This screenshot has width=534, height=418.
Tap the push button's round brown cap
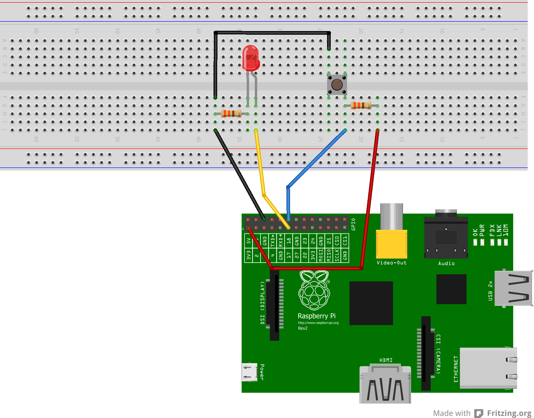337,85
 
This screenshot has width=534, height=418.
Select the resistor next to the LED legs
231,114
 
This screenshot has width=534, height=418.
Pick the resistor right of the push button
361,106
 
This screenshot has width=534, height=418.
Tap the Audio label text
446,263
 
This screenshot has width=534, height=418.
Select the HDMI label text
386,360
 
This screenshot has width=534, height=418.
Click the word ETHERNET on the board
456,369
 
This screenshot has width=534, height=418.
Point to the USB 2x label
490,291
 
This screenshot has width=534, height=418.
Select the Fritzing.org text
509,413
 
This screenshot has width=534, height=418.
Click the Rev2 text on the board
303,328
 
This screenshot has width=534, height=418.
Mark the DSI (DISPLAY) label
263,303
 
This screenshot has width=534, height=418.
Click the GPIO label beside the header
354,224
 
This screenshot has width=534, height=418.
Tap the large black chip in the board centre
371,303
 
